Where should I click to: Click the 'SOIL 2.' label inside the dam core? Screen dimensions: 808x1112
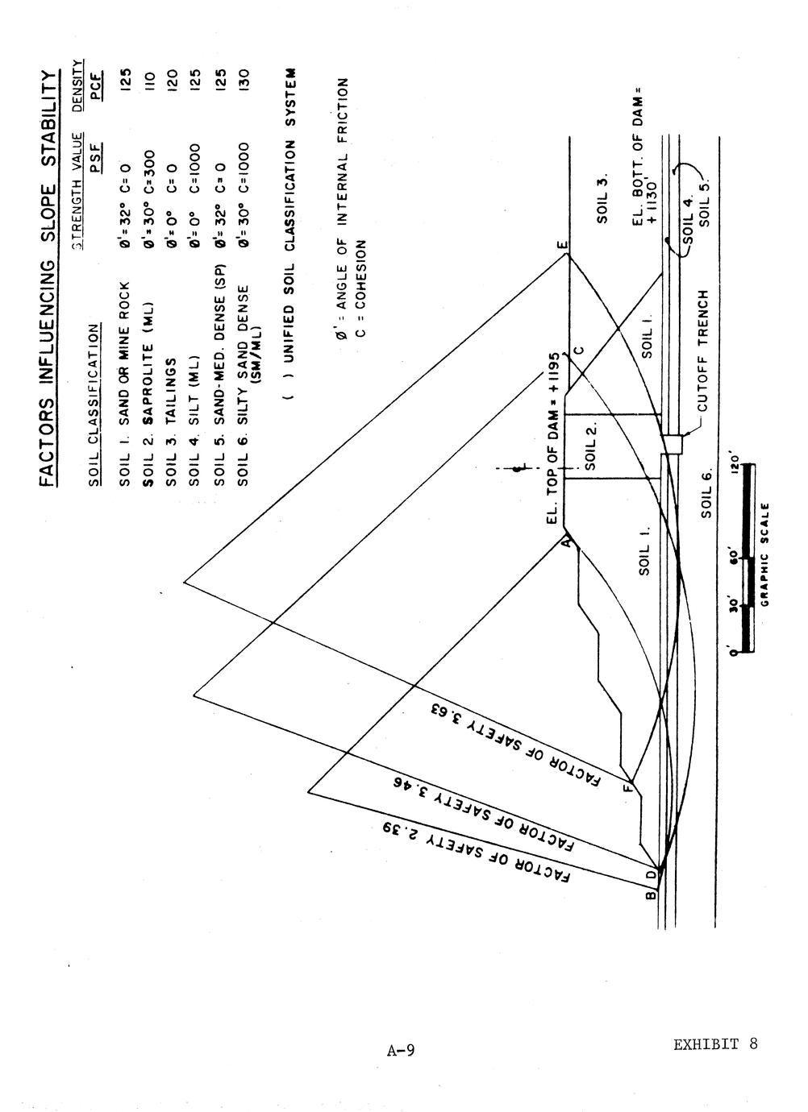tap(590, 446)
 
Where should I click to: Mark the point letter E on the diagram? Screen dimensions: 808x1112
tap(561, 245)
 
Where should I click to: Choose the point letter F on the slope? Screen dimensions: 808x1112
tap(628, 787)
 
